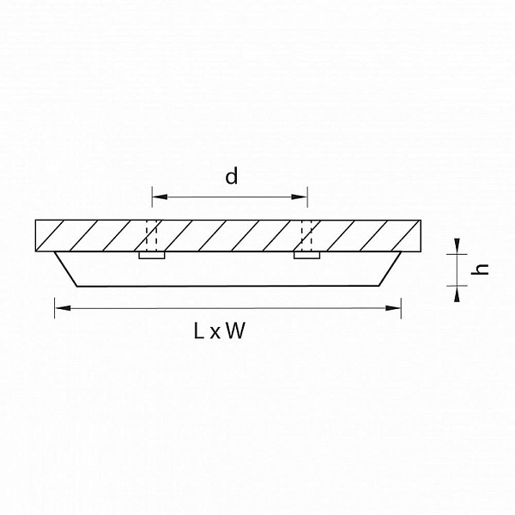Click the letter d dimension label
click(231, 176)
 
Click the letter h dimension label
click(480, 269)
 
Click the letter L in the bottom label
click(199, 330)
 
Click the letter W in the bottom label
click(235, 330)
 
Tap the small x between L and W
click(215, 333)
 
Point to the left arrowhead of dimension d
click(160, 197)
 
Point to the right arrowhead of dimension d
click(300, 197)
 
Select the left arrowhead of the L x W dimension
click(63, 308)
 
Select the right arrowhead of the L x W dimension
click(393, 308)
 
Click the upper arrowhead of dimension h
click(457, 246)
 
